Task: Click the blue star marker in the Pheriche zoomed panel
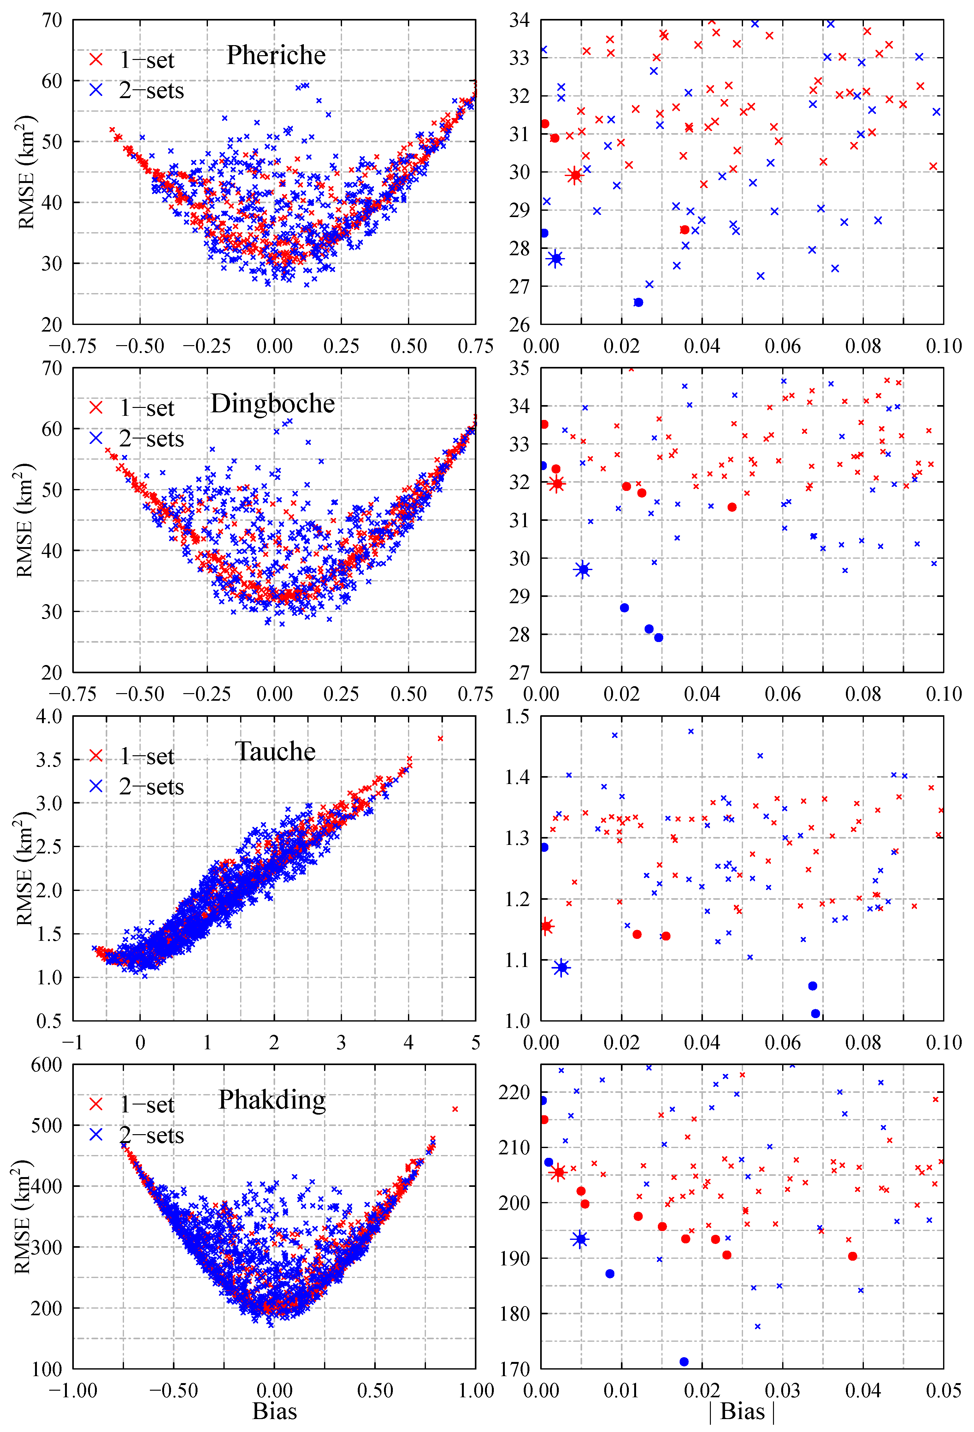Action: tap(556, 259)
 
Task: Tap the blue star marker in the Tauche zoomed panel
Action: tap(561, 968)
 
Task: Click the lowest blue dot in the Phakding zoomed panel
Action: tap(684, 1362)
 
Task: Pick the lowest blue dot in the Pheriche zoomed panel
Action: tap(638, 302)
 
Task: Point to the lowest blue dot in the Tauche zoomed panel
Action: tap(816, 1014)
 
